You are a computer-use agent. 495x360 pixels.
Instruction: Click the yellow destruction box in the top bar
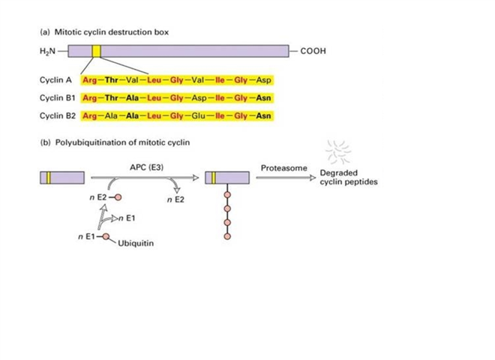coord(97,51)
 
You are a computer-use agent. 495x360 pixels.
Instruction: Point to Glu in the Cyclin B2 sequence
coord(202,116)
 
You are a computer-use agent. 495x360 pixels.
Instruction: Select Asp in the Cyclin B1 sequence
coord(202,98)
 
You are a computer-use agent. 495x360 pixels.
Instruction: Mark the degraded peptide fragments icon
coord(342,152)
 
